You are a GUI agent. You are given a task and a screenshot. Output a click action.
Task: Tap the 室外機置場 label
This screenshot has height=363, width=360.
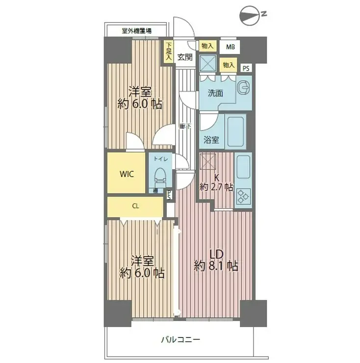pos(136,30)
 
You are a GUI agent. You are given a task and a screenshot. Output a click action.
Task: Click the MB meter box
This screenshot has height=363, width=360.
pos(230,47)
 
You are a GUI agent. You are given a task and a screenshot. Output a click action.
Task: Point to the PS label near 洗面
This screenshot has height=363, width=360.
pos(246,68)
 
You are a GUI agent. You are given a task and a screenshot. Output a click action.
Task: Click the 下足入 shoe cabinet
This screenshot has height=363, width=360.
pos(168,51)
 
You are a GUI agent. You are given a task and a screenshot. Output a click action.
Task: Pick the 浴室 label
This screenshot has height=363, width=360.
pos(211,140)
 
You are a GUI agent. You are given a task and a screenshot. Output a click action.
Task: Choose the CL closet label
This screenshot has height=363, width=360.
pos(135,206)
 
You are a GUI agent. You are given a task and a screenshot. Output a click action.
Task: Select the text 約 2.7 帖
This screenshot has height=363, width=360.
pos(216,187)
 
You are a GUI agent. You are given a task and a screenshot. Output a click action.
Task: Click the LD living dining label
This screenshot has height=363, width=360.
pos(216,254)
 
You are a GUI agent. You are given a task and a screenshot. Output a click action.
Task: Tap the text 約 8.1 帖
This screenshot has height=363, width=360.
pos(216,266)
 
